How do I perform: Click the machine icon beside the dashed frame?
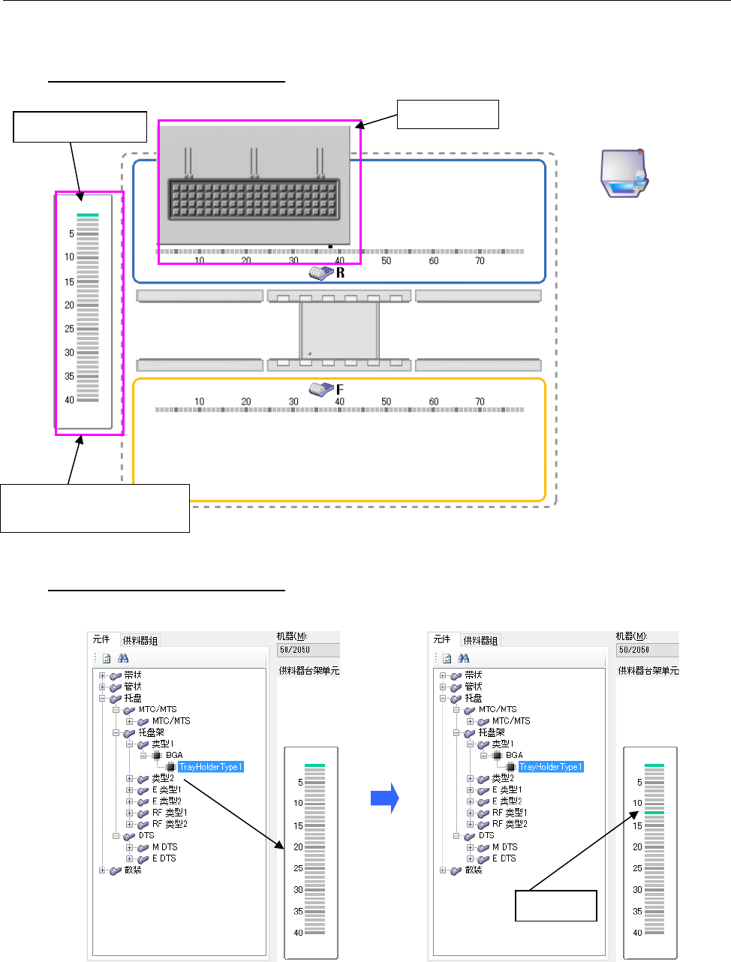pyautogui.click(x=624, y=173)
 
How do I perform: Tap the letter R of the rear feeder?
pyautogui.click(x=341, y=273)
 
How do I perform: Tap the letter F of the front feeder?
pyautogui.click(x=340, y=389)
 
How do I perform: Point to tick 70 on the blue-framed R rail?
pyautogui.click(x=480, y=261)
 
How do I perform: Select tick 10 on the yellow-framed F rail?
pyautogui.click(x=200, y=401)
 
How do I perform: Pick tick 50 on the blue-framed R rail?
pyautogui.click(x=386, y=261)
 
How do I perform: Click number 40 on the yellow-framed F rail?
pyautogui.click(x=340, y=401)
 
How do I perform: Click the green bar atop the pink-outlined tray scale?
pyautogui.click(x=88, y=215)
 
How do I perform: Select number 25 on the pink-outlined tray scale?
pyautogui.click(x=69, y=329)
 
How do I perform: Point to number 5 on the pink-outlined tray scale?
pyautogui.click(x=71, y=234)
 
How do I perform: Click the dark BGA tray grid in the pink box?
pyautogui.click(x=254, y=199)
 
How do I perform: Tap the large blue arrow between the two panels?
pyautogui.click(x=384, y=799)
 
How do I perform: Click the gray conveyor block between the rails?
pyautogui.click(x=338, y=330)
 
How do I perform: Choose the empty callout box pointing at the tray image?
pyautogui.click(x=447, y=114)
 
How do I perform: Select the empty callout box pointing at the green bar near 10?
pyautogui.click(x=555, y=906)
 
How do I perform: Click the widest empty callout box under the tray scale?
pyautogui.click(x=95, y=508)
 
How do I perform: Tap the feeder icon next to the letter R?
pyautogui.click(x=321, y=273)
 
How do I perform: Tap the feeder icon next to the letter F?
pyautogui.click(x=321, y=389)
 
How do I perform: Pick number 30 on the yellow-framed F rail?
pyautogui.click(x=293, y=401)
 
